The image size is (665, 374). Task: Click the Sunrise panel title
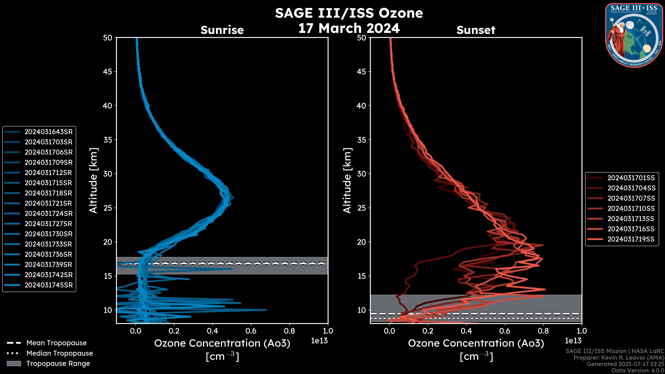tap(222, 30)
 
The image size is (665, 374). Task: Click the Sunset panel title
tap(476, 30)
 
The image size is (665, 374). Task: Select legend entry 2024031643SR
tap(48, 132)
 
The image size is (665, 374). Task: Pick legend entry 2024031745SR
tap(48, 285)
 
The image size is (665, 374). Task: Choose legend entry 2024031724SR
tap(48, 214)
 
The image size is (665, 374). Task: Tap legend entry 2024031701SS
tap(631, 178)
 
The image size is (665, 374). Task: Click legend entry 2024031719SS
tap(631, 239)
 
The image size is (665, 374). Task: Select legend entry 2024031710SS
tap(631, 208)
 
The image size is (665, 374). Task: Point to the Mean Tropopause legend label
tap(56, 343)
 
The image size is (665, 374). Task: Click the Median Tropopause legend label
tap(60, 353)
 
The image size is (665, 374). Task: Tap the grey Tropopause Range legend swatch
tap(14, 364)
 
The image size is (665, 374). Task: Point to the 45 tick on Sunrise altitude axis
tap(108, 72)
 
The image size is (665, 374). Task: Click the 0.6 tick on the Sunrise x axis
tap(251, 331)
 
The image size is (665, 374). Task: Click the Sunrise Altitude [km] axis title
tap(93, 180)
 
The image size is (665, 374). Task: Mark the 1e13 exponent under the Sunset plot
tap(573, 341)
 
